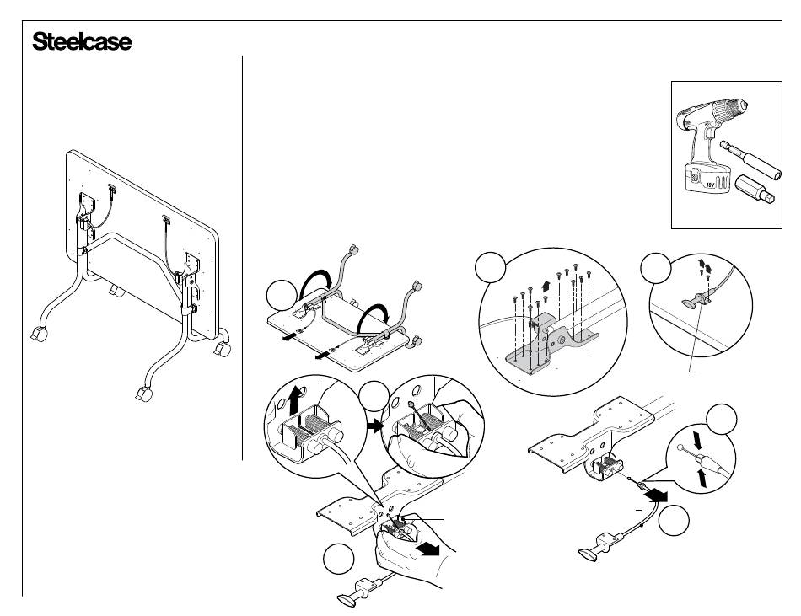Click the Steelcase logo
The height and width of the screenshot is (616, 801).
(x=82, y=42)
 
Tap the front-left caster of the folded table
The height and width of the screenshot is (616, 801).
(x=38, y=334)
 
